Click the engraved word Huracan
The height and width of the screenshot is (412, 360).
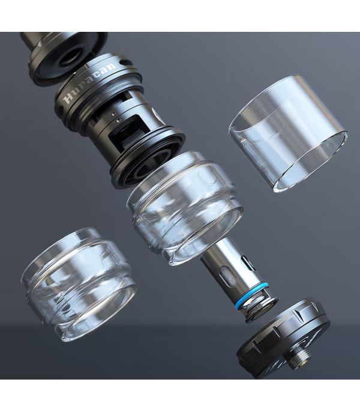(x=90, y=82)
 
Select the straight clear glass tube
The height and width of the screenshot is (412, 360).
(x=288, y=133)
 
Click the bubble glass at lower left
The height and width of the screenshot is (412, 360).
(x=78, y=284)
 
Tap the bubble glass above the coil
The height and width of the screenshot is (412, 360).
(x=185, y=208)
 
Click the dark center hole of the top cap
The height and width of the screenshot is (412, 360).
(x=70, y=59)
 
